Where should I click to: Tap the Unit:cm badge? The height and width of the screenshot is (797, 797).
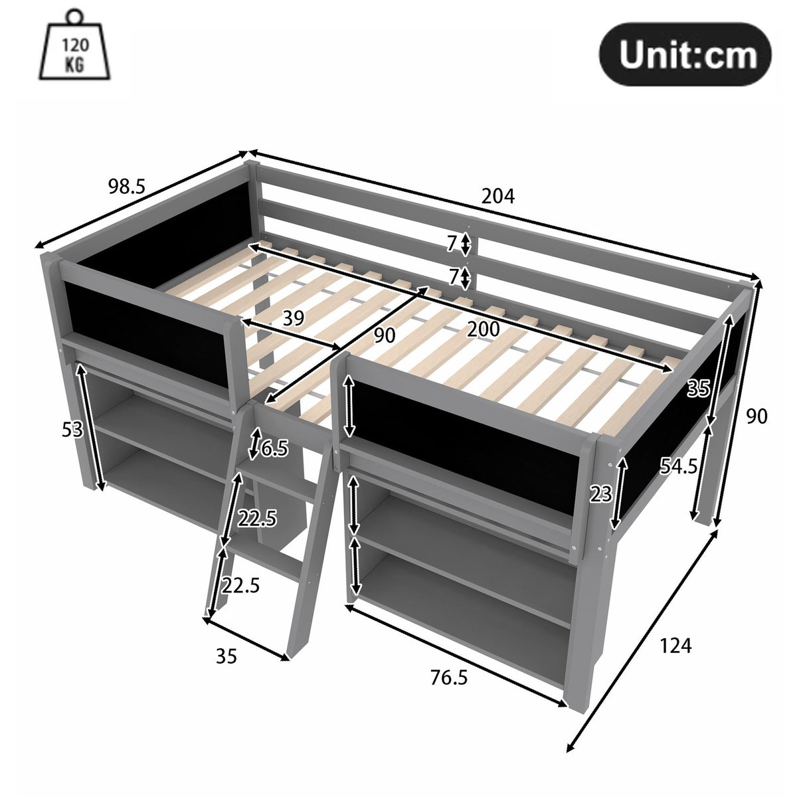[687, 54]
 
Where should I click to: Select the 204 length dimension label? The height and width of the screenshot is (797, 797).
[498, 196]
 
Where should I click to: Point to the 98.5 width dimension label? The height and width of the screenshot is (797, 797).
[126, 187]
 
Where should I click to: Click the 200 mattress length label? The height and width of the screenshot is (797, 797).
[484, 329]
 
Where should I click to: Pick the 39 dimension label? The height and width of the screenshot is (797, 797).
[293, 319]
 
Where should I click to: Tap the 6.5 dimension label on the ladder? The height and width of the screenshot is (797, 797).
[274, 450]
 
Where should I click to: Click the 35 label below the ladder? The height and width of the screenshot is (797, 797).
[226, 656]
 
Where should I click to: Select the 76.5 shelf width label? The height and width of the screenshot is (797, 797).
[449, 677]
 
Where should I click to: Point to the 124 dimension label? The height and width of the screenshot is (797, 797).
[675, 645]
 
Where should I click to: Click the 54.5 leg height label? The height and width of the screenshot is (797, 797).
[678, 466]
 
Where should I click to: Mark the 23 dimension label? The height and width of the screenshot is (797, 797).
[601, 493]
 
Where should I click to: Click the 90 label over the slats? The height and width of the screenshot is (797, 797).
[384, 336]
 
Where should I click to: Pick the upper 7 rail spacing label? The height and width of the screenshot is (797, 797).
[452, 244]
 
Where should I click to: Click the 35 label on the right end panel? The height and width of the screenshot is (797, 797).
[698, 388]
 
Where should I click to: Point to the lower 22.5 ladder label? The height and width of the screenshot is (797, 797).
[240, 585]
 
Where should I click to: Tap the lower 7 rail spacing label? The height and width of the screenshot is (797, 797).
[454, 276]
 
